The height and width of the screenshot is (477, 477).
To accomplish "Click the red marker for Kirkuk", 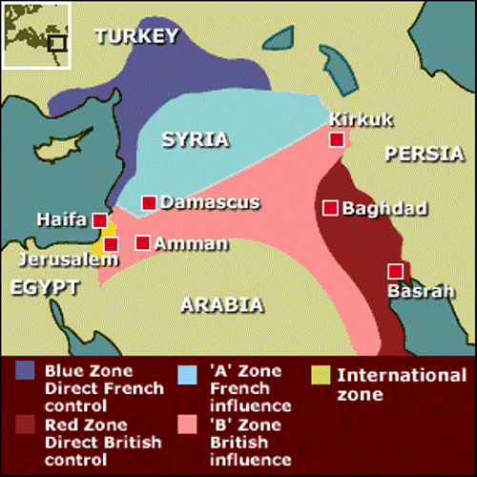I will (337, 140).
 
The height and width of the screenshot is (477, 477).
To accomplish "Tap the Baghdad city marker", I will (330, 207).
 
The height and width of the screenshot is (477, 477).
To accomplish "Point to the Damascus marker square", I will (149, 202).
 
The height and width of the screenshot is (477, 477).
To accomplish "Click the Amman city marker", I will (142, 242).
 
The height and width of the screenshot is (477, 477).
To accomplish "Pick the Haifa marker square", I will (99, 220).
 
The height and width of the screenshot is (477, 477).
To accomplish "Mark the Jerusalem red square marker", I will (111, 244).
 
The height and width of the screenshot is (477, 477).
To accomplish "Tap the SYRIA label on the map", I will (195, 139).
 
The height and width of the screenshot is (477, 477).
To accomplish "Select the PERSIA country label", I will (424, 155).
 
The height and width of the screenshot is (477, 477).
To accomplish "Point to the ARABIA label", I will (220, 305).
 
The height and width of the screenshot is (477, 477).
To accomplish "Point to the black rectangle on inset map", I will (56, 42).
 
